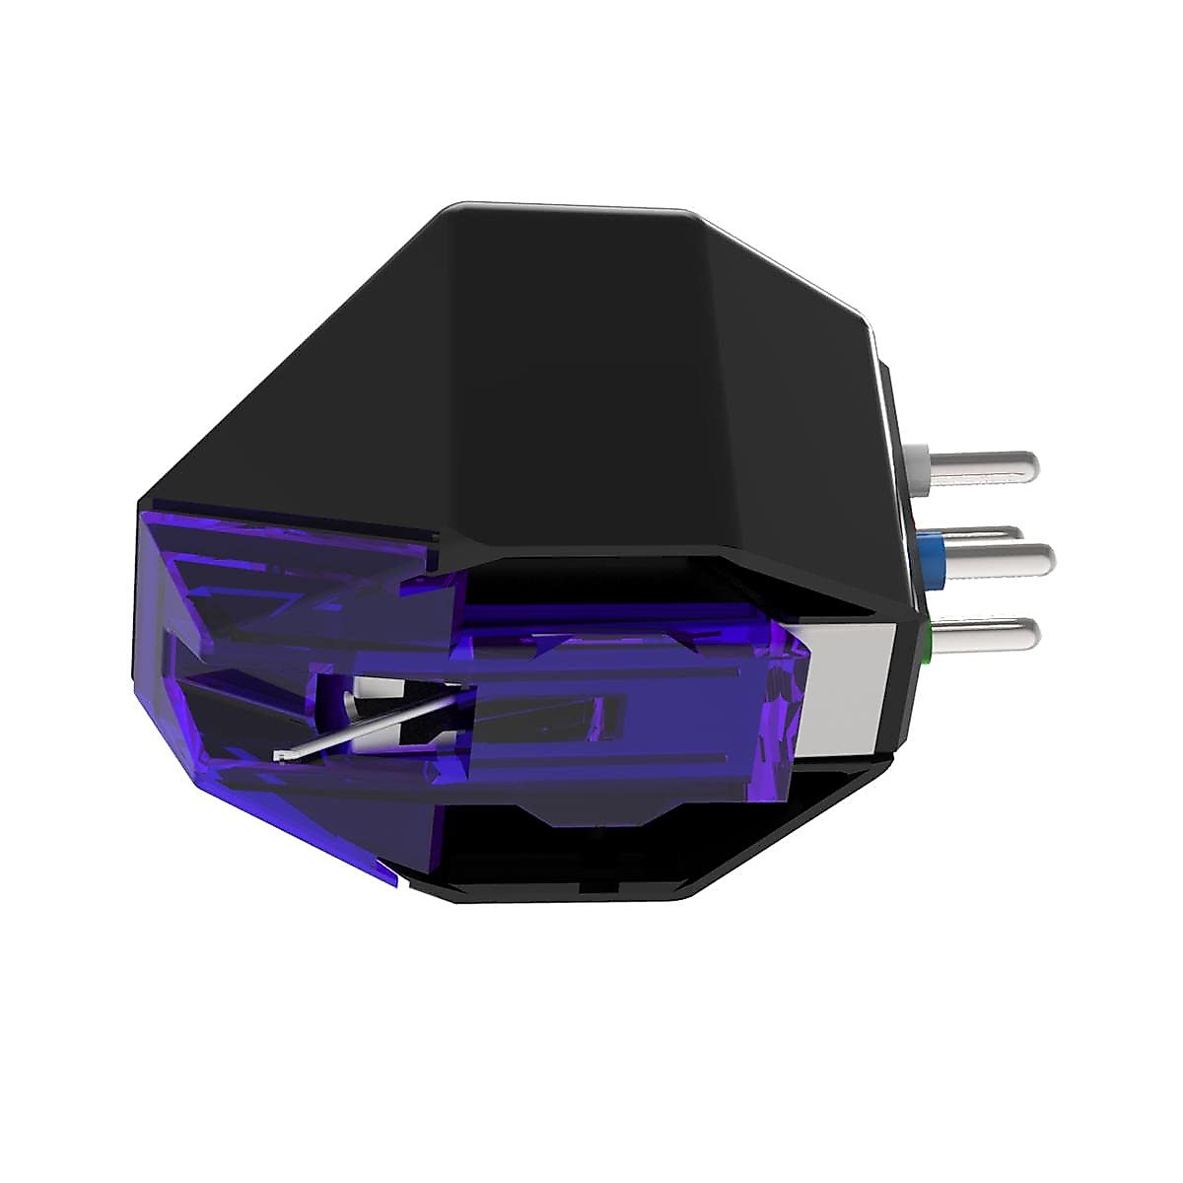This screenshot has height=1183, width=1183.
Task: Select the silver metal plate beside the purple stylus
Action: tap(848, 690)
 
